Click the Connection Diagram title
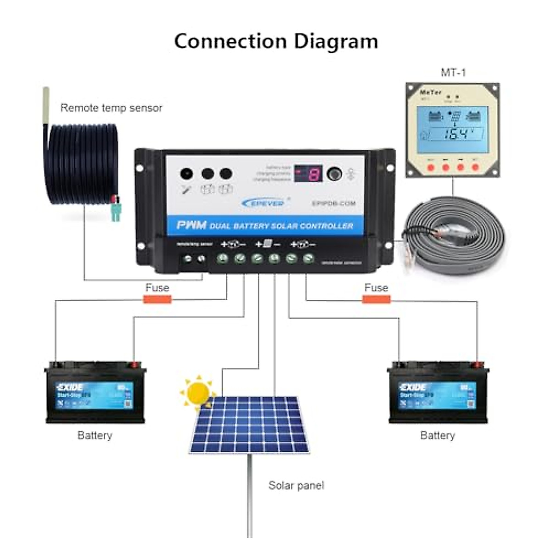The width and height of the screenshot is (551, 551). click(x=276, y=41)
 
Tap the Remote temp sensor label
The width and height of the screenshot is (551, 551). click(x=111, y=108)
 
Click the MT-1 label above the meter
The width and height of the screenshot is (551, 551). click(x=453, y=73)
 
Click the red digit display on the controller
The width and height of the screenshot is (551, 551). click(x=308, y=174)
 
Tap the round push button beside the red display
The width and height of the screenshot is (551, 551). click(x=334, y=174)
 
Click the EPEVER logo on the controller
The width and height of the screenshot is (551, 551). click(x=263, y=203)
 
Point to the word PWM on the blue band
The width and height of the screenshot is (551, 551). click(x=191, y=225)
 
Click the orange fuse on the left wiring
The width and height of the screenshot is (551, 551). click(x=157, y=300)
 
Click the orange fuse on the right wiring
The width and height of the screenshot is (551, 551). click(x=376, y=300)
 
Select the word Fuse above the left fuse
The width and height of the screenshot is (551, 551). click(x=157, y=288)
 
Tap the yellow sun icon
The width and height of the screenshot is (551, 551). click(x=198, y=392)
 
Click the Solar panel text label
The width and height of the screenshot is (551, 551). click(x=296, y=485)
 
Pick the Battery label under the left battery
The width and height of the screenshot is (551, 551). click(x=95, y=435)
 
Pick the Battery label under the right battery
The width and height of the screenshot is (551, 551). click(x=438, y=435)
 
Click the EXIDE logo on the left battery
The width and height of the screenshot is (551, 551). click(x=70, y=387)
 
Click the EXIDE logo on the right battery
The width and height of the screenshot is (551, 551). click(x=413, y=387)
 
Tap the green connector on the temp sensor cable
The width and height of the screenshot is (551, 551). click(x=115, y=212)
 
